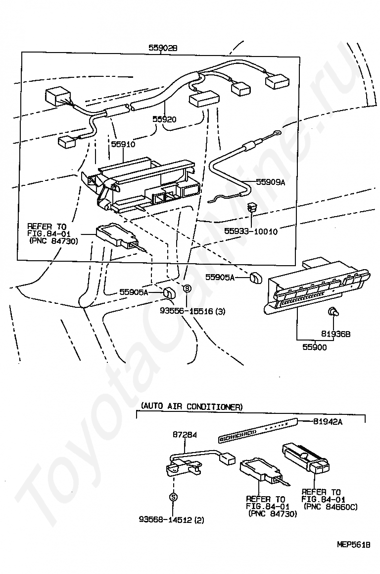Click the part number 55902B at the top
point(163,48)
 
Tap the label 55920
point(164,119)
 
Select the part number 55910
point(123,144)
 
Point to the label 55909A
point(271,182)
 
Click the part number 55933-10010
point(251,231)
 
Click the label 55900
point(315,347)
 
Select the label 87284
point(185,435)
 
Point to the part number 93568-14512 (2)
point(172,520)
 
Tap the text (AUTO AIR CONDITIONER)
point(192,406)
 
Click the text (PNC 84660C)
point(331,507)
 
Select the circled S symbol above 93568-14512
point(173,497)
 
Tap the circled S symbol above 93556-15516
point(187,288)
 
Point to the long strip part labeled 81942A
point(257,429)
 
